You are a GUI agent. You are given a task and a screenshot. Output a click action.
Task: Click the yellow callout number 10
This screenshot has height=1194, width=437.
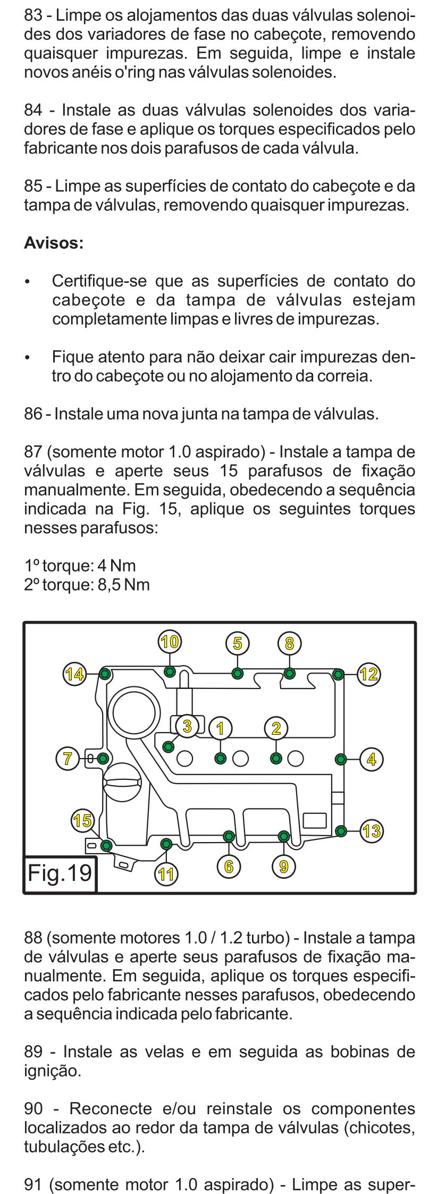pyautogui.click(x=170, y=642)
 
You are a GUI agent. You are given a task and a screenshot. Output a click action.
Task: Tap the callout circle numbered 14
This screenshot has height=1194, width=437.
pyautogui.click(x=74, y=674)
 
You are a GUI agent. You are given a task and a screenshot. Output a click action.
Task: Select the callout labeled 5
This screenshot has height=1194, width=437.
pyautogui.click(x=237, y=643)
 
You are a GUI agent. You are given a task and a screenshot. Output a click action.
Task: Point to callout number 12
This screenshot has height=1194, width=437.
pyautogui.click(x=368, y=675)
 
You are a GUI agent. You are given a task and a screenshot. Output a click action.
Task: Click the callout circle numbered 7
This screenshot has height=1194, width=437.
pyautogui.click(x=68, y=758)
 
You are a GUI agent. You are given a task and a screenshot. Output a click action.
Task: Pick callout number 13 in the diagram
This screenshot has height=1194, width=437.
pyautogui.click(x=372, y=830)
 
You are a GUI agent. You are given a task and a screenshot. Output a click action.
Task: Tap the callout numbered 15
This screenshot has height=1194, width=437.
pyautogui.click(x=82, y=820)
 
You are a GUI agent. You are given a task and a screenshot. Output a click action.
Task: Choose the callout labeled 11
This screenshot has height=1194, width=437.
pyautogui.click(x=166, y=875)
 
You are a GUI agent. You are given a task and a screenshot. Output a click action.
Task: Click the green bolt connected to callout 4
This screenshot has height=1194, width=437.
pyautogui.click(x=341, y=759)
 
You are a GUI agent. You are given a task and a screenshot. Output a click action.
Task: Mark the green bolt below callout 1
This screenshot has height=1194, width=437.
pyautogui.click(x=220, y=758)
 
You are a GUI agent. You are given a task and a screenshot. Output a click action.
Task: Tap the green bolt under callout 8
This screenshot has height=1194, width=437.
pyautogui.click(x=289, y=674)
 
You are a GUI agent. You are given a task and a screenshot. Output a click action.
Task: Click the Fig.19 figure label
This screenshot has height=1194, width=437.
pyautogui.click(x=60, y=873)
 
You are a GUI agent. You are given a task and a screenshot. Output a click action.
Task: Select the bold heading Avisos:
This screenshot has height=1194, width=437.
pyautogui.click(x=54, y=243)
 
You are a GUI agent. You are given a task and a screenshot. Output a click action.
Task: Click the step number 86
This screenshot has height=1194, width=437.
pyautogui.click(x=33, y=414)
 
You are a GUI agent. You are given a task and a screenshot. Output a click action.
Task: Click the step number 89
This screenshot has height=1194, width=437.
pyautogui.click(x=33, y=1052)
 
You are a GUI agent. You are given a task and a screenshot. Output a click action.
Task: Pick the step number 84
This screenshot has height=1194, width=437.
pyautogui.click(x=33, y=110)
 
